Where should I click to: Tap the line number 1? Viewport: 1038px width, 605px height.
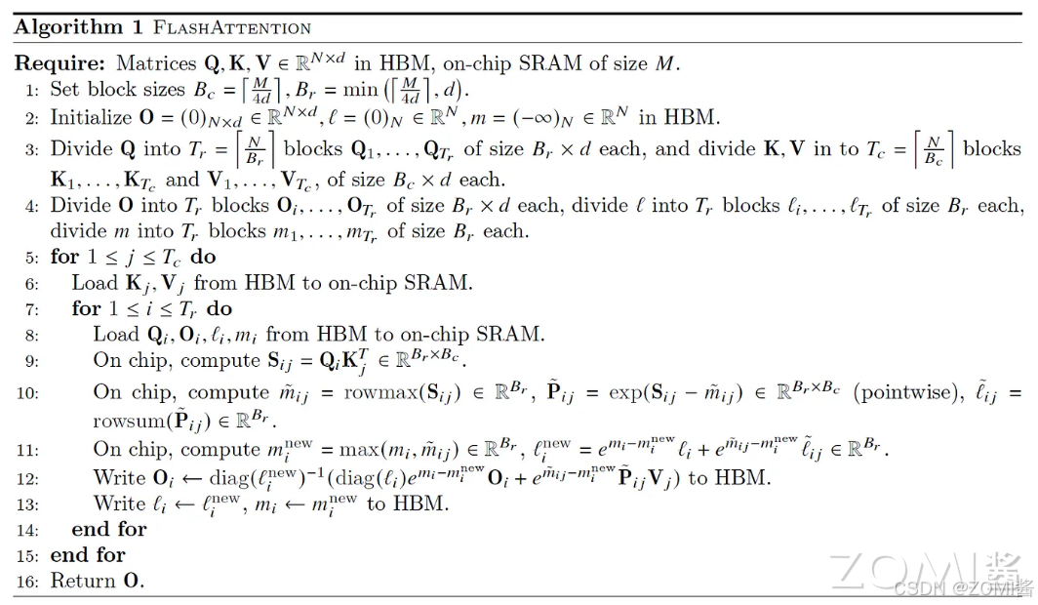30,91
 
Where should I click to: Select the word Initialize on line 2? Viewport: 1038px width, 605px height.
91,117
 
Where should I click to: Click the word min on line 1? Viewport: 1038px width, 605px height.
346,90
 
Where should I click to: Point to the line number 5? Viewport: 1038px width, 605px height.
30,258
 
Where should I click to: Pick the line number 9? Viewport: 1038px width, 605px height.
30,361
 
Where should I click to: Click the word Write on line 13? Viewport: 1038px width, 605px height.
119,504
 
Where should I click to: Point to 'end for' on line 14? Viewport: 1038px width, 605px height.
108,530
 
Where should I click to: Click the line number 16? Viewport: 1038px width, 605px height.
27,582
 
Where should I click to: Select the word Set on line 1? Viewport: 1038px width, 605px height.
66,91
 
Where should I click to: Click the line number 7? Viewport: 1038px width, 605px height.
30,309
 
